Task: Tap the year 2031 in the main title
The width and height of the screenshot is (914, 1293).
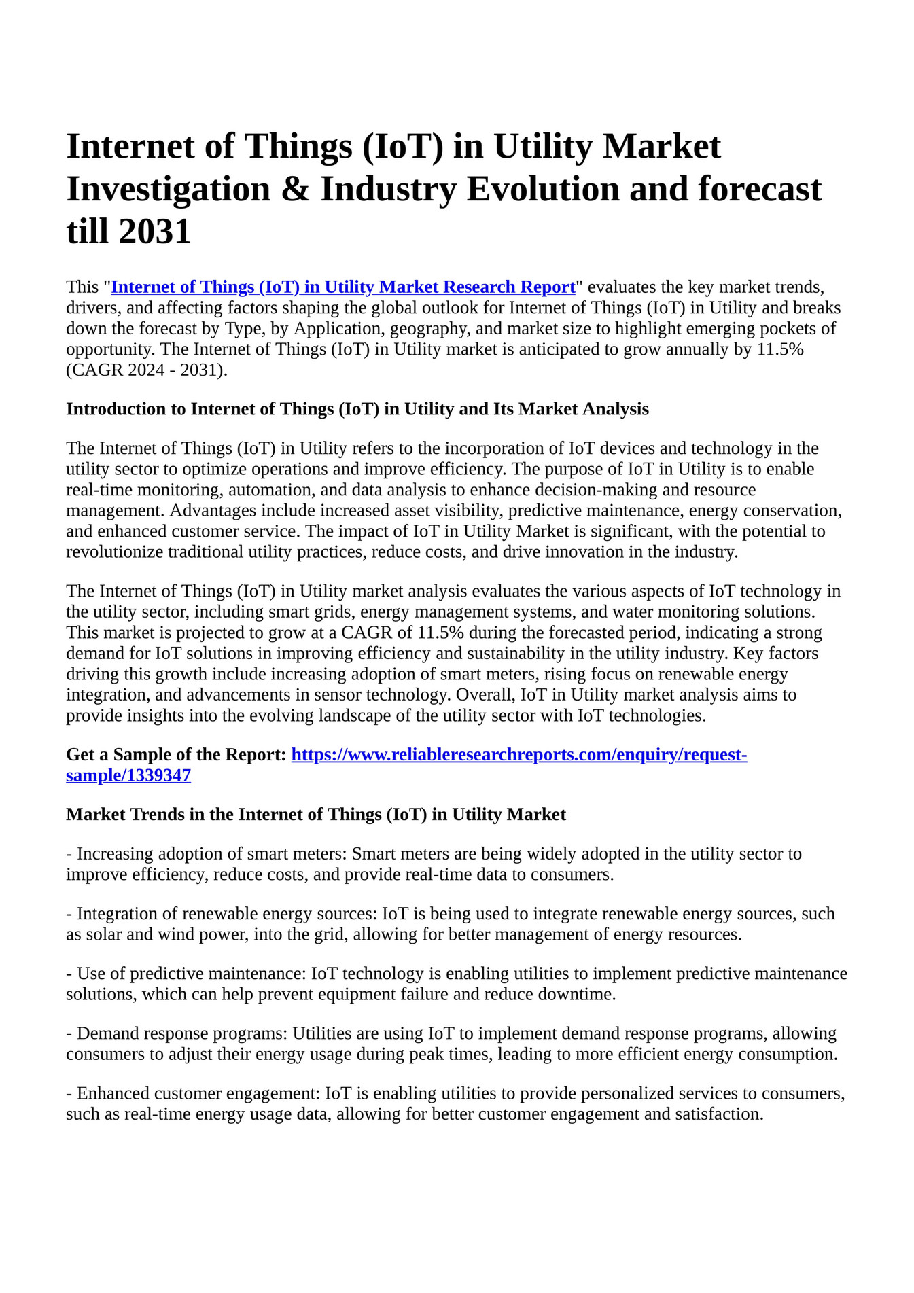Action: point(155,232)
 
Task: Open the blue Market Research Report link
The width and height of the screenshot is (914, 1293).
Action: point(343,287)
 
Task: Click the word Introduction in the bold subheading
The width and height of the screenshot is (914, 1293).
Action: point(125,409)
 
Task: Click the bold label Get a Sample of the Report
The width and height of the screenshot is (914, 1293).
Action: point(175,755)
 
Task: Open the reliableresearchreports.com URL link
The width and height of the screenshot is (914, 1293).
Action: point(518,755)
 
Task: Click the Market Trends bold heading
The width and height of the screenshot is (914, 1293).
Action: point(315,815)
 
